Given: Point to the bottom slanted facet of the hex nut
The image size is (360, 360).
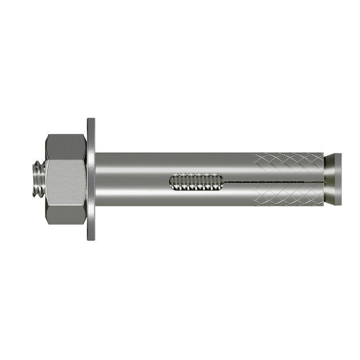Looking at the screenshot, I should point(65,217).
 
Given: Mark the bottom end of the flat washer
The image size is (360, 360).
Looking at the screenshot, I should point(91,236).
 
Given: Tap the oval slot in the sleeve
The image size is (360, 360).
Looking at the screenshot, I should point(196,182).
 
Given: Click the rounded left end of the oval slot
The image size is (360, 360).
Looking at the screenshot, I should point(171,182).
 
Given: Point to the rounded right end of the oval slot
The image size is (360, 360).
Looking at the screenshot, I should point(223,182).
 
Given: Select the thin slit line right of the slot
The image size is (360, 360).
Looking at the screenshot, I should point(264,181).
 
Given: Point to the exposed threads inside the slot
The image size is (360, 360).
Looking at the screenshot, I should point(197,182).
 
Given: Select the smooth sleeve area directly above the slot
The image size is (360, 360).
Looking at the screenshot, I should point(196,163).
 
